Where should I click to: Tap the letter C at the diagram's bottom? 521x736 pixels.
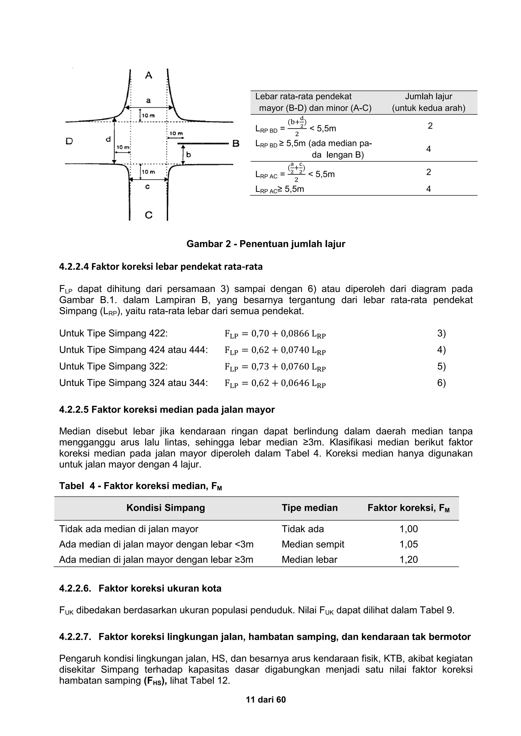pos(149,215)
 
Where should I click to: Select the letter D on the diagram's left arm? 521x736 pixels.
pos(69,141)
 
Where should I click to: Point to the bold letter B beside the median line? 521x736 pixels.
pos(236,144)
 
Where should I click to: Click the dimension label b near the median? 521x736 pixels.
pos(189,155)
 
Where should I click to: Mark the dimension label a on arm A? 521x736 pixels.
pos(148,100)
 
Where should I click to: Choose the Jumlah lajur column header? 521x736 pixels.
pos(428,102)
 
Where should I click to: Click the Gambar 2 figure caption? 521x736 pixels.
pos(266,244)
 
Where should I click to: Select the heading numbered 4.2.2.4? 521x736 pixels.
pos(161,267)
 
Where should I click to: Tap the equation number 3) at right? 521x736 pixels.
pos(441,333)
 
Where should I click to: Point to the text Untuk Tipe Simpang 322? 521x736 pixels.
pos(113,366)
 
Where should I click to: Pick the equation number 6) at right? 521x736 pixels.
pos(441,383)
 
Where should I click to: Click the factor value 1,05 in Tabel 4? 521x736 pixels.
pos(408,544)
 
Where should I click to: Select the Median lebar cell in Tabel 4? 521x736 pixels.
pos(309,560)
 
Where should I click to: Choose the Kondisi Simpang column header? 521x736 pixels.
pos(166,508)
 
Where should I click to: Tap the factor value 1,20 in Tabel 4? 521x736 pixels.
pos(408,560)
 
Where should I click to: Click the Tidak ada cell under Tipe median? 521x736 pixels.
pos(302,529)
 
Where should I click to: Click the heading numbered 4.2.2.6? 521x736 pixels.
pos(140,589)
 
